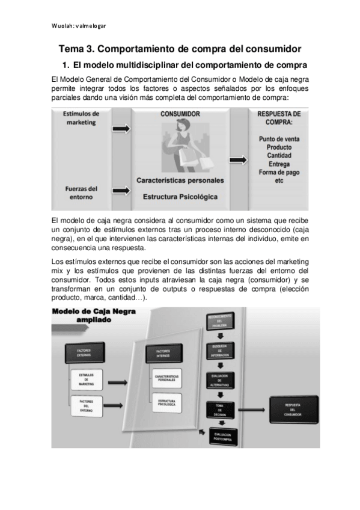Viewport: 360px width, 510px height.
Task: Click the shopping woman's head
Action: (x=181, y=124)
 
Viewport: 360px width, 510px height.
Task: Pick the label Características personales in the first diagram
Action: (x=180, y=180)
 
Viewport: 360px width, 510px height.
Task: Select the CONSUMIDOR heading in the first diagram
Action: (x=180, y=114)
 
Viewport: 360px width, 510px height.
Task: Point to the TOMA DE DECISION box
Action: (x=218, y=410)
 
